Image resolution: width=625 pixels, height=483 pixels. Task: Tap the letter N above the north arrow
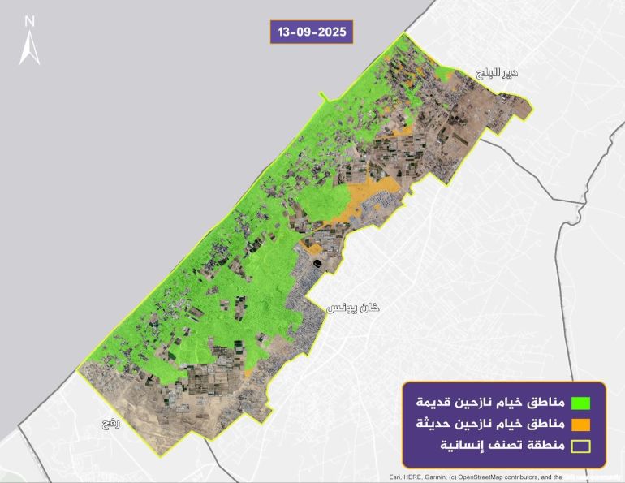point(30,20)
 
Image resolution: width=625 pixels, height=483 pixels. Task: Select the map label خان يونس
point(353,308)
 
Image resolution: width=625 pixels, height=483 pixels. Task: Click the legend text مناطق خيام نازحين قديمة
point(489,401)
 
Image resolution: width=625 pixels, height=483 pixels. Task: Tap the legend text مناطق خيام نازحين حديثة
point(489,424)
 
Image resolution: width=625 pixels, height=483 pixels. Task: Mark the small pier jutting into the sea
point(324,99)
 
